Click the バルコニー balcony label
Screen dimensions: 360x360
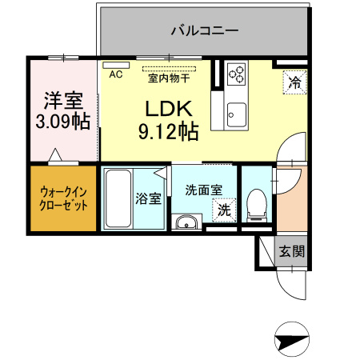205,32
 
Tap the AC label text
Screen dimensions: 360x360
115,74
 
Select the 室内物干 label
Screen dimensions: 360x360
169,78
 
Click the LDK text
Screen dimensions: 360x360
168,110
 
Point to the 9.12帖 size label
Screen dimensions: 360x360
168,132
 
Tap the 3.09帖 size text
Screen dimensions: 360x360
63,122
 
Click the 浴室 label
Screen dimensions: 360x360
148,198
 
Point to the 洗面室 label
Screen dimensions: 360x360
203,190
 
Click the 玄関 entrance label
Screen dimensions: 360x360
291,250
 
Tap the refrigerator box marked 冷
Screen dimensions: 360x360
294,82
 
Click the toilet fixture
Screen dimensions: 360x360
257,205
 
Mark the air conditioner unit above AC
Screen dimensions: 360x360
116,63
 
